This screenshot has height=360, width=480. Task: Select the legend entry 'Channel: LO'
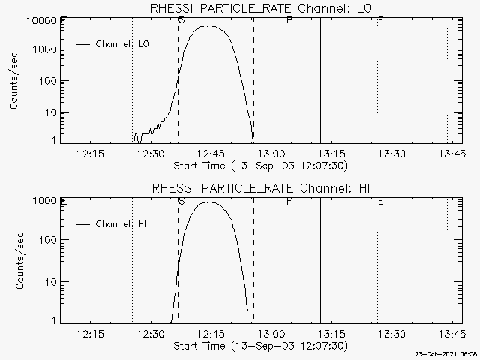click(x=122, y=44)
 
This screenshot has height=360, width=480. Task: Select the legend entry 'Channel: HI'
click(x=122, y=224)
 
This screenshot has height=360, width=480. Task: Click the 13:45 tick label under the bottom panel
click(x=451, y=334)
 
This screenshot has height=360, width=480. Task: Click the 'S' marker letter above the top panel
click(x=181, y=19)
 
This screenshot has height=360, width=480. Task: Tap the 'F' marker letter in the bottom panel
click(x=289, y=201)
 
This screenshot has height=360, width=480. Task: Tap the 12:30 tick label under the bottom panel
click(x=151, y=334)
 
